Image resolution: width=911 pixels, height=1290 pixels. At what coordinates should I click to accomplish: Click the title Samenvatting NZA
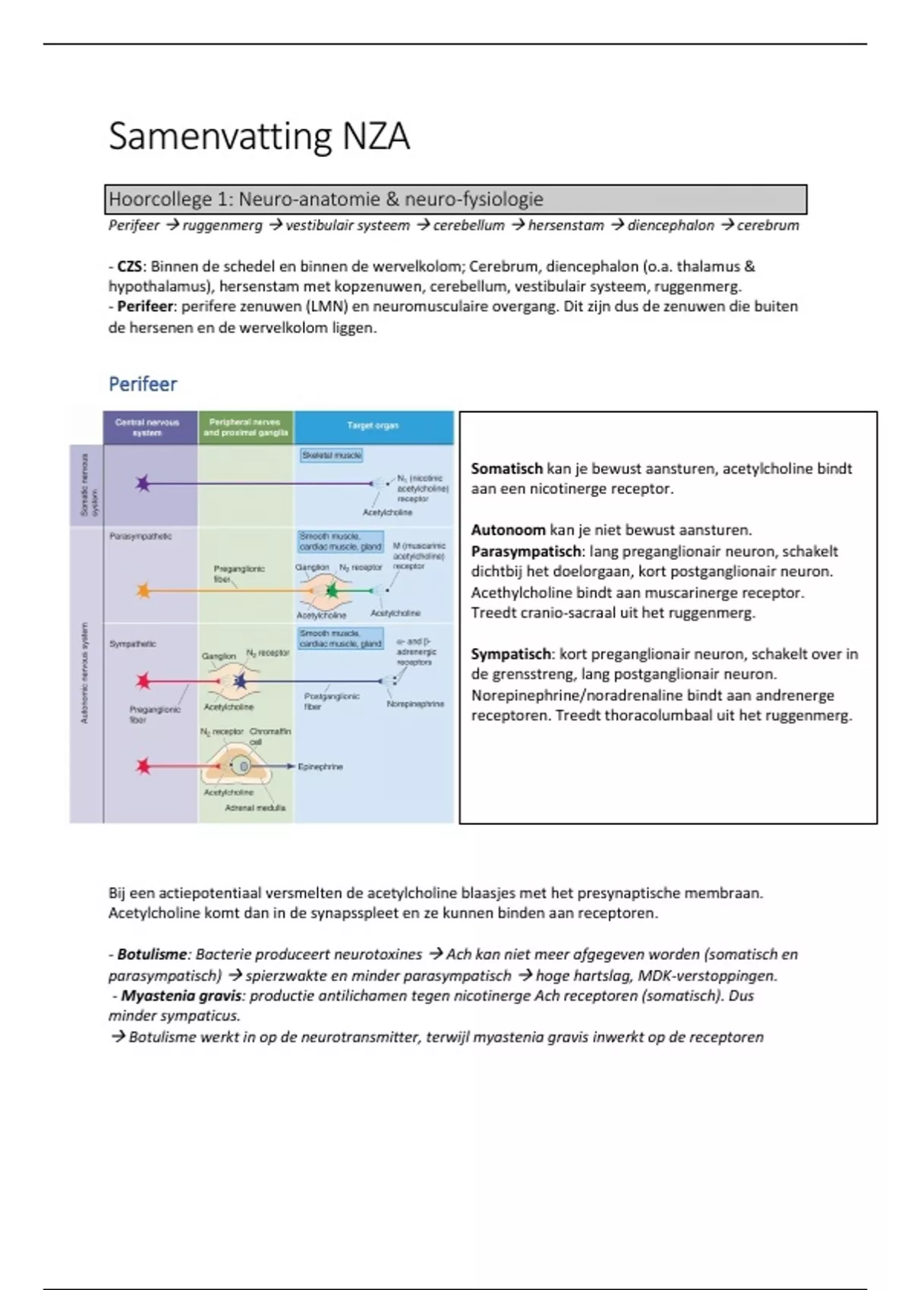coord(259,137)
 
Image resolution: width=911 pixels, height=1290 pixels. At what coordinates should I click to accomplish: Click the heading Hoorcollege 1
coord(326,200)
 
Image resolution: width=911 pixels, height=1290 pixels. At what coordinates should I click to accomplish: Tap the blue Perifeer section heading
coord(143,384)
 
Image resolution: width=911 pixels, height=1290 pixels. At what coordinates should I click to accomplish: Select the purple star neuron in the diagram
coord(143,483)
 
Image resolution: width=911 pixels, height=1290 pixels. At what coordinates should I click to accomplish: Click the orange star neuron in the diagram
coord(143,590)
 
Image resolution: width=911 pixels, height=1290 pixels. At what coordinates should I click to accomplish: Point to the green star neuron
coord(332,590)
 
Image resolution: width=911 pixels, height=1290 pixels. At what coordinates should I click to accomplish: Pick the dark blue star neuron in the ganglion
coord(241,681)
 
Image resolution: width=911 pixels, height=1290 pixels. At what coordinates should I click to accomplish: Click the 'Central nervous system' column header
coord(148,427)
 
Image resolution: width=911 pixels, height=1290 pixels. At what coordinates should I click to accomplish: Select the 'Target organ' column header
coord(373,426)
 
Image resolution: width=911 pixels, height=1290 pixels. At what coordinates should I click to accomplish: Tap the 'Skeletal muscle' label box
coord(332,455)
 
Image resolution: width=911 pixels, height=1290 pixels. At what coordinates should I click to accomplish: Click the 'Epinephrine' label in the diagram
coord(320,767)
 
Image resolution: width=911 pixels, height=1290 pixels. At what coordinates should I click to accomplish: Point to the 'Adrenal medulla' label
coord(255,808)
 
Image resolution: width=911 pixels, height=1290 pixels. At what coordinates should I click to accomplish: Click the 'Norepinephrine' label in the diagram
coord(415,704)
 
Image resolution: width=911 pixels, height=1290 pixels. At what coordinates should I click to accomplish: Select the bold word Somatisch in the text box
coord(506,469)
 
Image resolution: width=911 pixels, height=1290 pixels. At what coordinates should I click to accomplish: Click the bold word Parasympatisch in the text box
coord(525,552)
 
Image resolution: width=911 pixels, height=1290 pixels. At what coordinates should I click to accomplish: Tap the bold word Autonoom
coord(508,530)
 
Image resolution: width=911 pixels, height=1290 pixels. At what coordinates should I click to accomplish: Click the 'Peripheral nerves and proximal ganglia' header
coord(246,427)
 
